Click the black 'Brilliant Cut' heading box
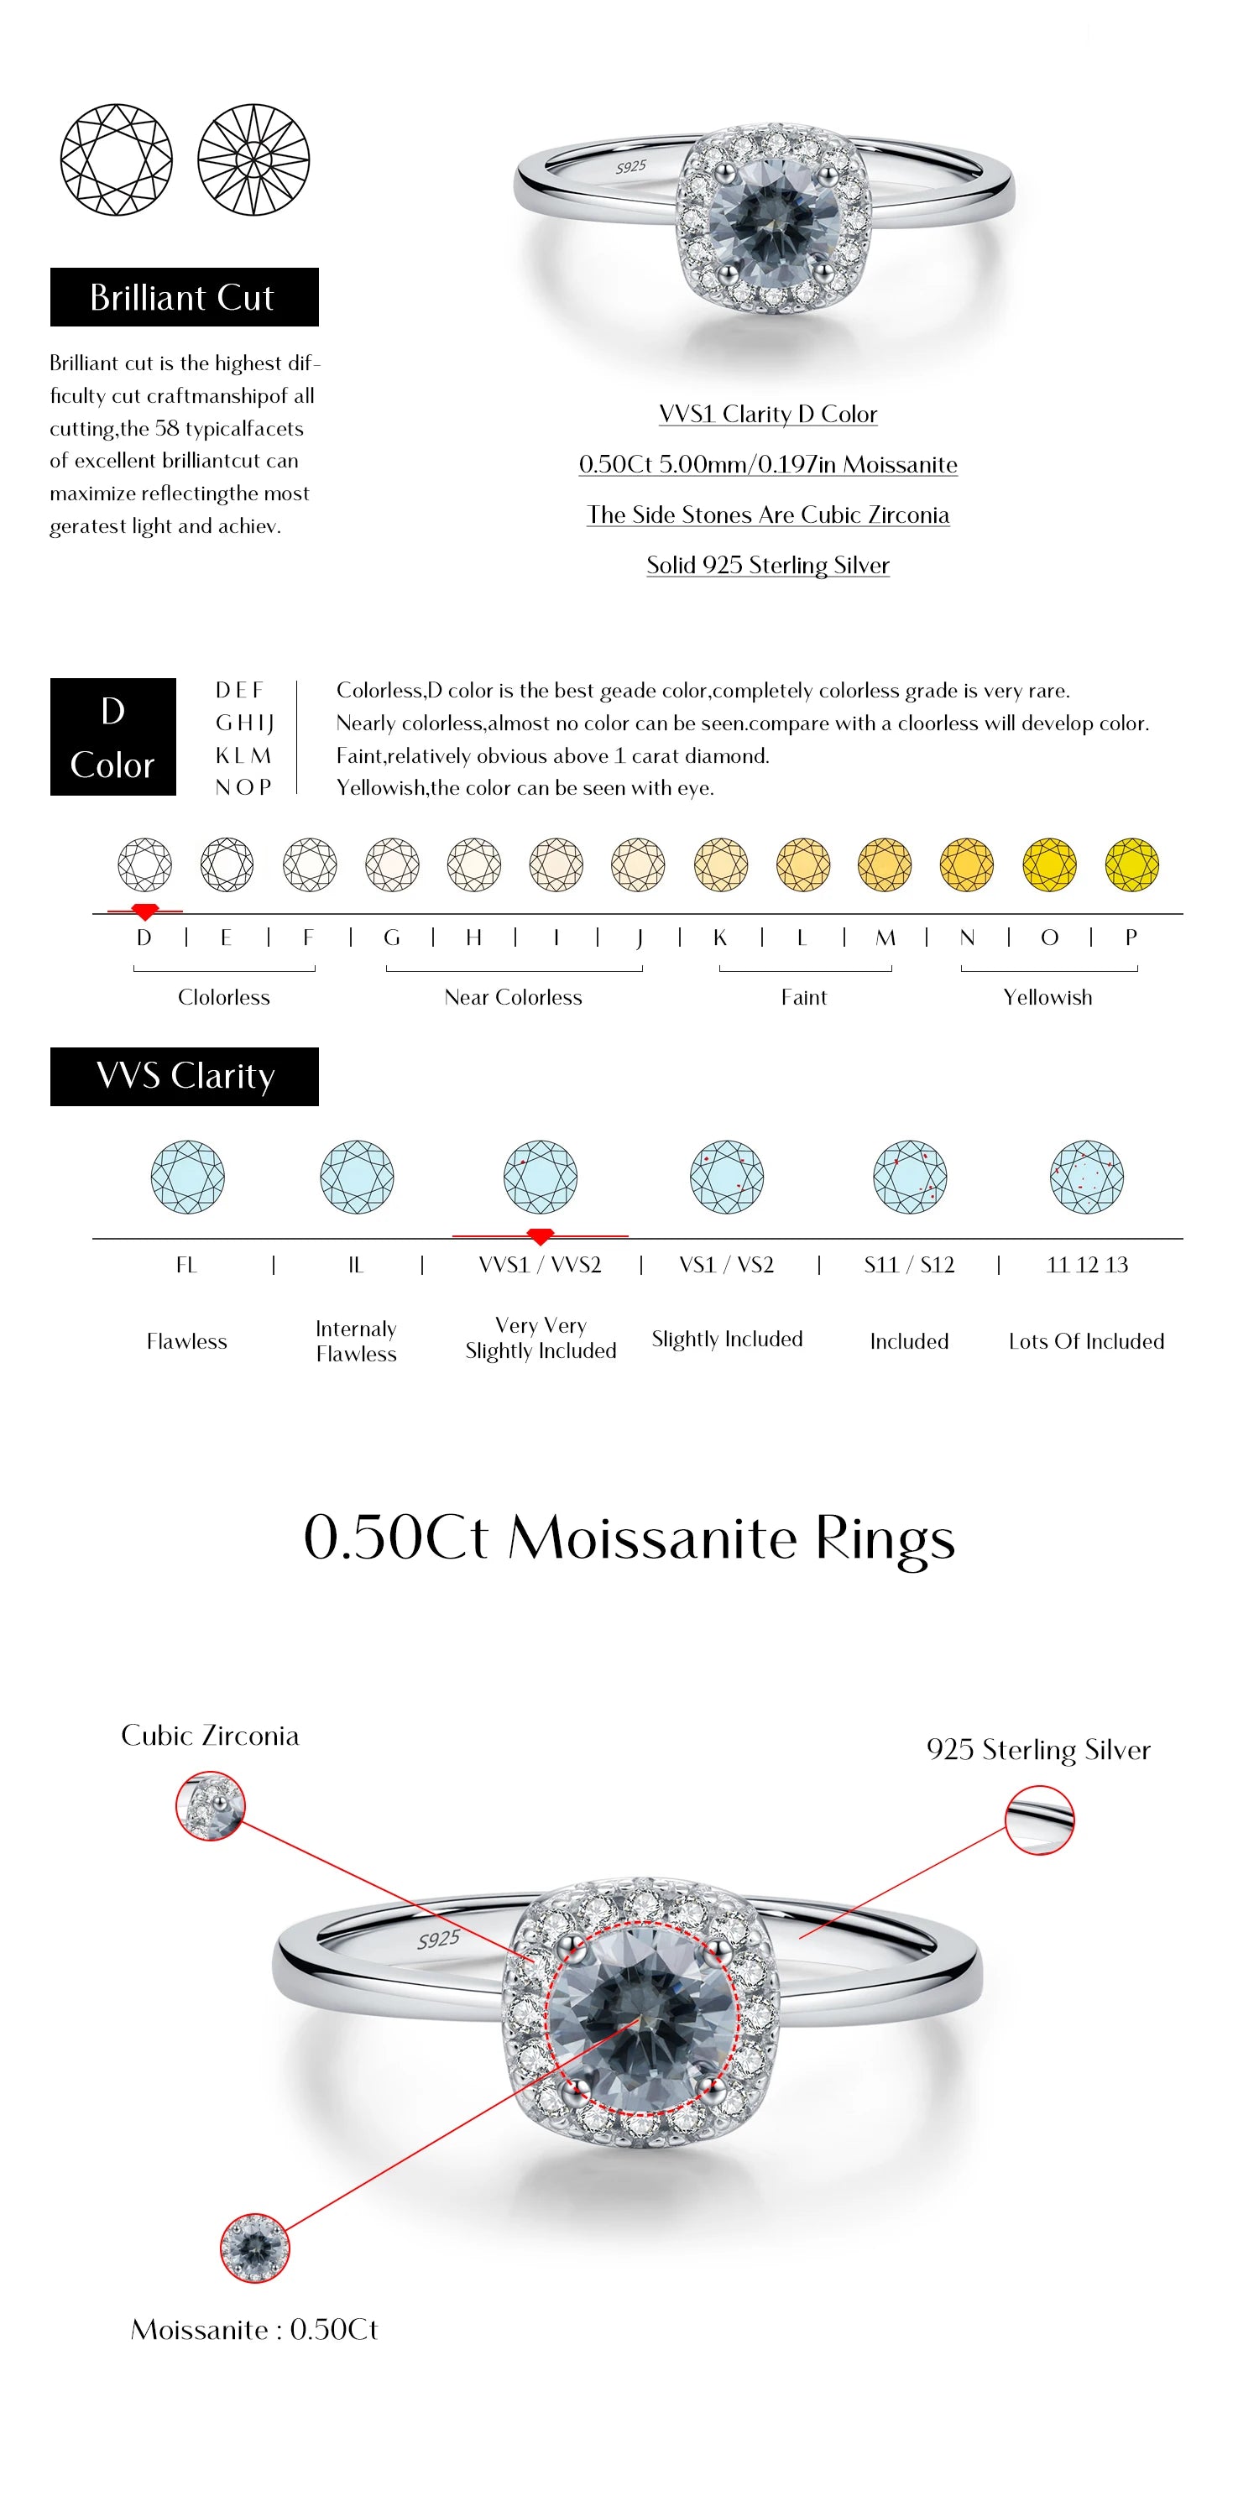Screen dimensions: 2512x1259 tap(185, 296)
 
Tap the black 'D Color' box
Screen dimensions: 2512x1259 tap(113, 736)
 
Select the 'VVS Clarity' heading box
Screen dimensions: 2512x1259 tap(185, 1076)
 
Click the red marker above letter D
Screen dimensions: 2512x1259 tap(144, 911)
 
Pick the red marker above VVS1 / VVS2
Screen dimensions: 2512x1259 tap(540, 1236)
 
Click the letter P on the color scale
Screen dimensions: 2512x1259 tap(1131, 937)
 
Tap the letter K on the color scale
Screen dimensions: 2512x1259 tap(719, 937)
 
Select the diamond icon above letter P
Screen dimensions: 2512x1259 tap(1131, 864)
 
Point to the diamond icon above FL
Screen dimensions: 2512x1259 tap(187, 1176)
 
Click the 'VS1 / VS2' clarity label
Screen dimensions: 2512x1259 tap(727, 1265)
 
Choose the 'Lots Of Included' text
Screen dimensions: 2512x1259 tap(1086, 1341)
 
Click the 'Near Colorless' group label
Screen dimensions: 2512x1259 tap(513, 996)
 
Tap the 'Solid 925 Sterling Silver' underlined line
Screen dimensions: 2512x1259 tap(767, 565)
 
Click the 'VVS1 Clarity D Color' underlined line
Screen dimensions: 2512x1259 tap(767, 414)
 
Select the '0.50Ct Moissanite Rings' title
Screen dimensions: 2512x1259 tap(629, 1538)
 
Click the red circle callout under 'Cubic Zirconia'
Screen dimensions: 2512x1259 tap(210, 1807)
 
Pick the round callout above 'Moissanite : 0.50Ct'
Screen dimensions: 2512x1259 tap(254, 2248)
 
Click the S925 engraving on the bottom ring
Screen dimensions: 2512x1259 tap(438, 1939)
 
